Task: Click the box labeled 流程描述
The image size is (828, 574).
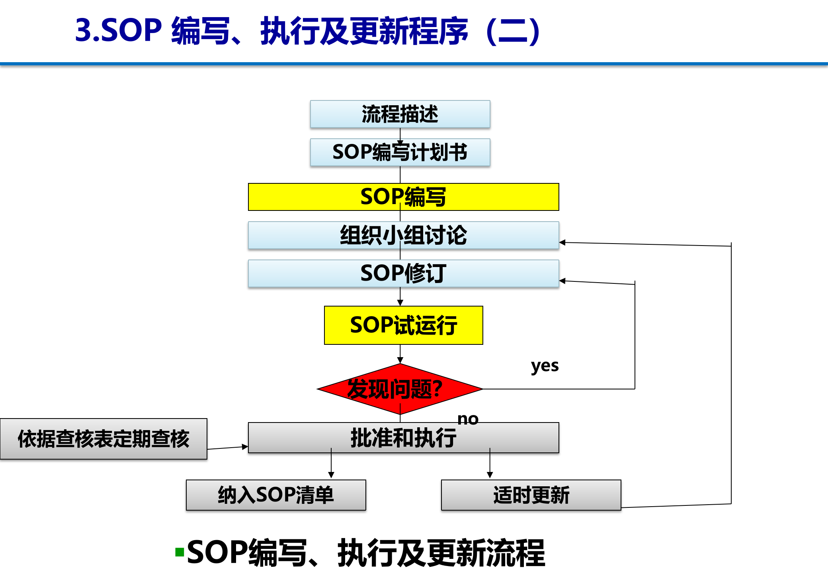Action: coord(400,114)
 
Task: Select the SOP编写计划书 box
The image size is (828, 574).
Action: coord(400,152)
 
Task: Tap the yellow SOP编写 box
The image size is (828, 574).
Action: coord(403,197)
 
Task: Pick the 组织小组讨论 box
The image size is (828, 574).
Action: coord(403,235)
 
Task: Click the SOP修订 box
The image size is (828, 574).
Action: coord(403,273)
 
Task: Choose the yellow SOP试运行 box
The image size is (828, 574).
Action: coord(403,325)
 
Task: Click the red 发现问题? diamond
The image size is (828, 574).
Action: coord(400,389)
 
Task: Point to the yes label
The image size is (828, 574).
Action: coord(545,366)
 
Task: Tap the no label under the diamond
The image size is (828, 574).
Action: coord(468,419)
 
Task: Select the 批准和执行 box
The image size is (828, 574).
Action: coord(403,438)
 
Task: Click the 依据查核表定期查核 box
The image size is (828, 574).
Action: coord(103,439)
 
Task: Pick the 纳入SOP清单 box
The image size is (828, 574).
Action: coord(276,495)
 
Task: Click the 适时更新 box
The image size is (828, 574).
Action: coord(531,495)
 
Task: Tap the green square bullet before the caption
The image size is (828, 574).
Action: coord(180,552)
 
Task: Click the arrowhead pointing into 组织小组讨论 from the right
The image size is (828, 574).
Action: coord(562,242)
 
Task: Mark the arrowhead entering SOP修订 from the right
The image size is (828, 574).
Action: coord(562,281)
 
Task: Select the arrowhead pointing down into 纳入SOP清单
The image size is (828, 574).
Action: coord(331,475)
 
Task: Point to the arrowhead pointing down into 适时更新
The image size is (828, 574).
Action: coord(490,475)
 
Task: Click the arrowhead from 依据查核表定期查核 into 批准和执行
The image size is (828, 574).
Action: coord(245,447)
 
